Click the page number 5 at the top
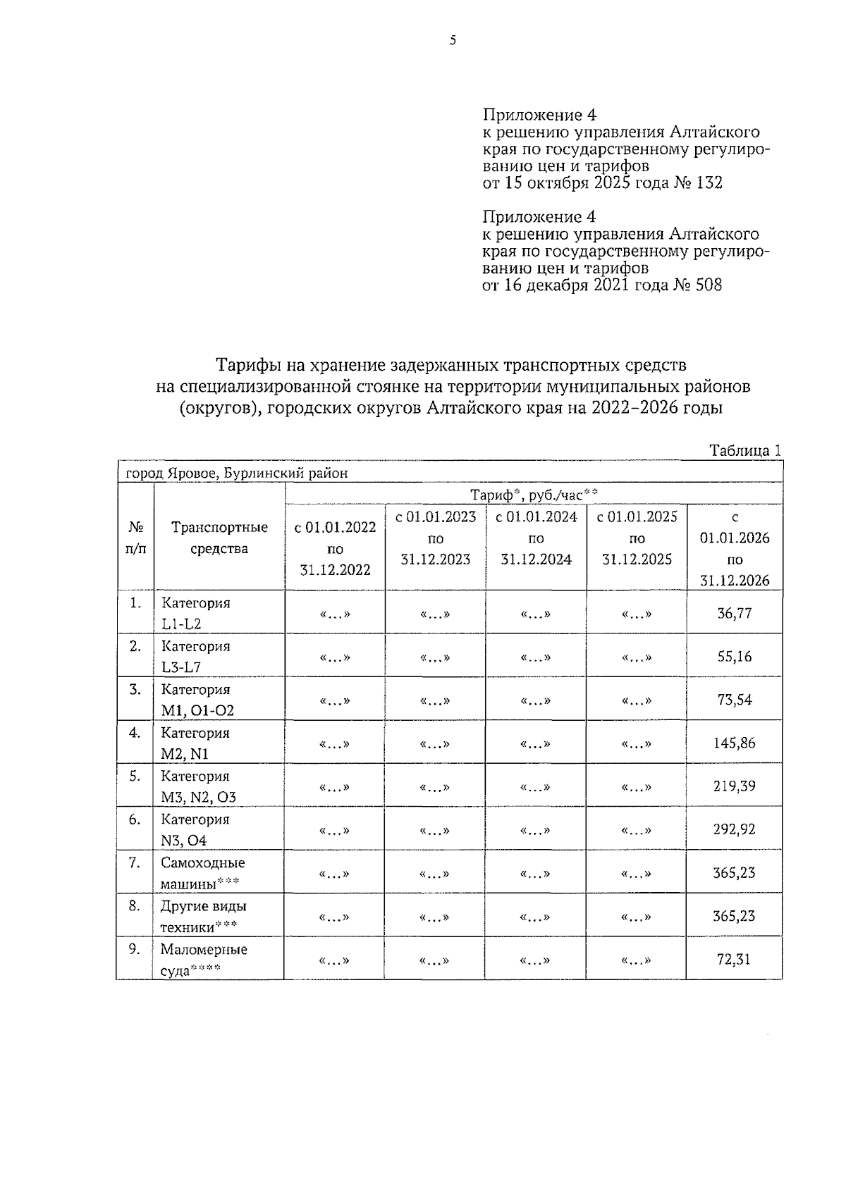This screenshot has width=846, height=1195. tap(453, 41)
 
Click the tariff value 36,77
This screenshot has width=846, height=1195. tap(734, 613)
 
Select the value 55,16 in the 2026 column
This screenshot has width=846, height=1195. tap(734, 657)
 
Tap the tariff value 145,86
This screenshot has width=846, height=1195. tap(734, 743)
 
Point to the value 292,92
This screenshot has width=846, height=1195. tap(734, 829)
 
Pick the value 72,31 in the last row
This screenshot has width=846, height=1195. tap(734, 959)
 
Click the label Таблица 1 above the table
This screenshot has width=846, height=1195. tap(745, 451)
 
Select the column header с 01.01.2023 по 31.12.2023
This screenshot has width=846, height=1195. tap(436, 538)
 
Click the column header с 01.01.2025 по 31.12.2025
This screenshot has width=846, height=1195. tap(637, 538)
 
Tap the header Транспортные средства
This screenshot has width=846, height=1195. tap(219, 538)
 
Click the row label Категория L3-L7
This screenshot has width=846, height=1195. tap(195, 657)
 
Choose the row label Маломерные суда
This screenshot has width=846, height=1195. tap(203, 959)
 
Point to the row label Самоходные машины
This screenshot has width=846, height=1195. tap(202, 872)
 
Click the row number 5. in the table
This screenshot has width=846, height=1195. tap(135, 776)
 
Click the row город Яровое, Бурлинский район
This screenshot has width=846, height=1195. tap(236, 473)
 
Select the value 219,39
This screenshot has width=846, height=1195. tap(734, 786)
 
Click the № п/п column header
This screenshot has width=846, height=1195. tap(135, 538)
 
